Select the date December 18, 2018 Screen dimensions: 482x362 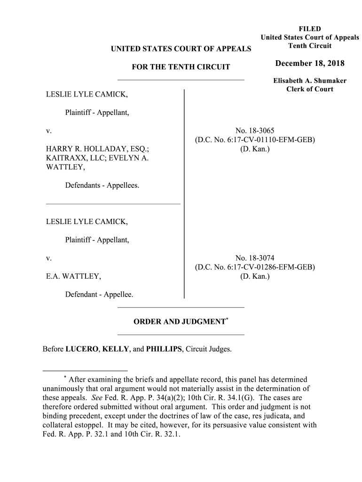pos(310,64)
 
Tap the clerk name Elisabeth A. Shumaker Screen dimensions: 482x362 pos(310,81)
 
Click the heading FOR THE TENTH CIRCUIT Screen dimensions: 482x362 pos(181,67)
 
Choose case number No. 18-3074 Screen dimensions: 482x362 pos(255,258)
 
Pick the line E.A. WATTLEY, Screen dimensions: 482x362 pos(73,276)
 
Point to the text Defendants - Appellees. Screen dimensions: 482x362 pos(102,185)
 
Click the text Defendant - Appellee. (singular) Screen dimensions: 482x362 pos(99,295)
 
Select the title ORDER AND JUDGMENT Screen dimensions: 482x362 pos(179,322)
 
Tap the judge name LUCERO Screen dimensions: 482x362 pos(82,350)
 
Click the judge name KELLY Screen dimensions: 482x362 pos(112,350)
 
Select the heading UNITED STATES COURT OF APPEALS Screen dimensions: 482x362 pos(181,48)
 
